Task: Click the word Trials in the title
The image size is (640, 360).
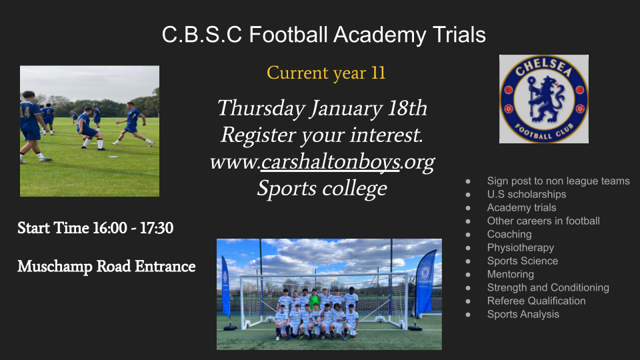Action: point(459,34)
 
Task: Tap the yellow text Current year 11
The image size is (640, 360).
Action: point(326,73)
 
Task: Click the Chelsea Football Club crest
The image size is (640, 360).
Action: point(544,99)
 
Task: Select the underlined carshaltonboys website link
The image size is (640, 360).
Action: point(330,163)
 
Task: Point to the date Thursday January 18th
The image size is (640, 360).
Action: point(322,109)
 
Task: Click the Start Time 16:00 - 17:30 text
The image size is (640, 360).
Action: point(95,228)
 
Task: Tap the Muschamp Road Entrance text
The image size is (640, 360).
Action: point(106,266)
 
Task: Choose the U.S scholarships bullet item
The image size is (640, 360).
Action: point(527,194)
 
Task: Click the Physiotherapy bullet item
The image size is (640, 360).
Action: point(521,248)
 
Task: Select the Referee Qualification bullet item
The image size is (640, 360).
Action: point(536,301)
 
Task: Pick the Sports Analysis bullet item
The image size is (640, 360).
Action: point(523,314)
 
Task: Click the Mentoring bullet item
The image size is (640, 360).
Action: point(510,274)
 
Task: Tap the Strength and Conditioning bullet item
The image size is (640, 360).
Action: point(548,288)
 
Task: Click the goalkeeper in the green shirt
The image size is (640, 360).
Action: point(314,301)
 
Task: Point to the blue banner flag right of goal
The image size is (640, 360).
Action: point(425,284)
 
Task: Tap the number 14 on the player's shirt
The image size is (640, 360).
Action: point(25,111)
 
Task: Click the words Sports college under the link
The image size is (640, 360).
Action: point(322,189)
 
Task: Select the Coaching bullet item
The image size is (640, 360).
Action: point(509,234)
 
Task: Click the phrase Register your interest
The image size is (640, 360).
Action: point(321,135)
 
